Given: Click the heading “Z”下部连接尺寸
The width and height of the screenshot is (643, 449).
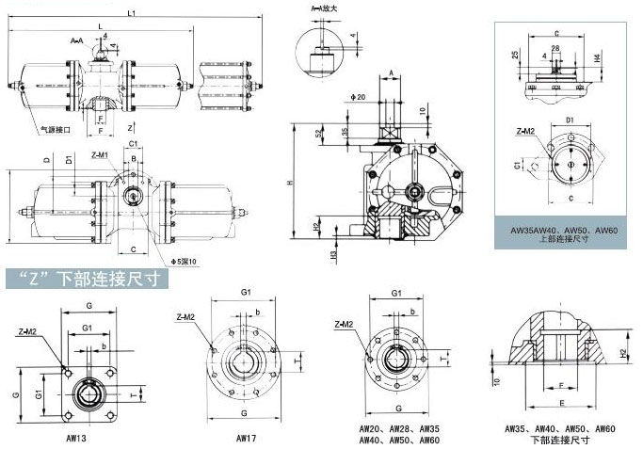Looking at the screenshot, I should coord(87,280).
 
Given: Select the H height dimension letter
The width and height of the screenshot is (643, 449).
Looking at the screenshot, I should coord(292,182).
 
